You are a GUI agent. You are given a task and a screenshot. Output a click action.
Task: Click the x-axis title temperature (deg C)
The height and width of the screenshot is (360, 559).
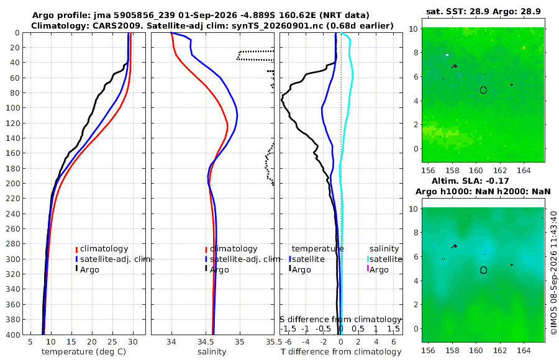(x=84, y=352)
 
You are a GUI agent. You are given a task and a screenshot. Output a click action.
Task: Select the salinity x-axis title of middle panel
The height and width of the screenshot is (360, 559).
(x=212, y=352)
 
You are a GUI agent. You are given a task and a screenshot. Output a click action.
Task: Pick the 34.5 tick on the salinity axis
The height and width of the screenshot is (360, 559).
(x=206, y=342)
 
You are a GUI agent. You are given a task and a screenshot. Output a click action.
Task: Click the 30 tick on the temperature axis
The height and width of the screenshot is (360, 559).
(x=133, y=342)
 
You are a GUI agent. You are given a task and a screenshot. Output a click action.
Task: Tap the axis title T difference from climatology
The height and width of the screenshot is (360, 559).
(x=341, y=352)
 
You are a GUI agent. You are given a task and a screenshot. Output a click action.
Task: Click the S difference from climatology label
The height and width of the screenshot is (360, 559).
(x=341, y=320)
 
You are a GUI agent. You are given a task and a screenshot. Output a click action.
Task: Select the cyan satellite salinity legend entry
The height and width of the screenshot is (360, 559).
(x=384, y=259)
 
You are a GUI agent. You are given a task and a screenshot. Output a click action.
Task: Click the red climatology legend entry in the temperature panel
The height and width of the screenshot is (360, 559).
(x=102, y=249)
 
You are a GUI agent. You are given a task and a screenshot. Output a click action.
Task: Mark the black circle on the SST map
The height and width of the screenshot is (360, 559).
(x=483, y=90)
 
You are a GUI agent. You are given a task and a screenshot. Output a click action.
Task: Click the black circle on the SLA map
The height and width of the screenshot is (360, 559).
(x=483, y=270)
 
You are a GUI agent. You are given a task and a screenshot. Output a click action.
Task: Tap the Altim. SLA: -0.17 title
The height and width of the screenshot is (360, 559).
(x=470, y=181)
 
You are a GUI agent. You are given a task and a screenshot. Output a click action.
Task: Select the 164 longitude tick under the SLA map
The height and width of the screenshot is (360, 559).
(x=524, y=350)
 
